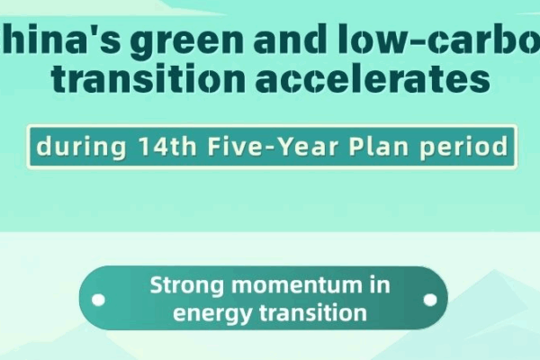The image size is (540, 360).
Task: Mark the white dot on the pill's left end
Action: point(99,299)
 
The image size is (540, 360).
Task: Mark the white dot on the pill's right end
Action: point(431,299)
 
